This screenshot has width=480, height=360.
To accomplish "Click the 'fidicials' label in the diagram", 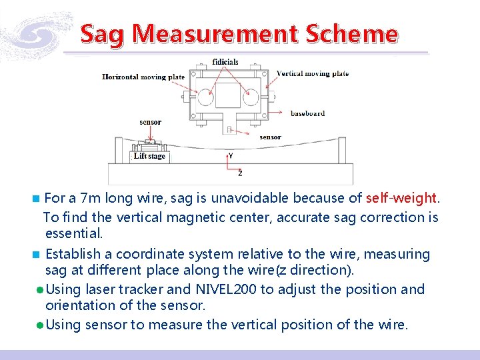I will coord(225,62).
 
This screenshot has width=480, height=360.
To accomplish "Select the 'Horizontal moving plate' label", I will coord(143,77).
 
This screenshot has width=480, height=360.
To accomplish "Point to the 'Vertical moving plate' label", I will coord(312,73).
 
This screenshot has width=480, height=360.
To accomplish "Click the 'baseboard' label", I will coord(307,113).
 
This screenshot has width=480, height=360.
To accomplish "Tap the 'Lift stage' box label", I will coord(149,157).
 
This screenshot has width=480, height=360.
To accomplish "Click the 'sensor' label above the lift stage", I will coord(150,122).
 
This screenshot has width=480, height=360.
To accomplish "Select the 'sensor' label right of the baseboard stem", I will coord(270,137).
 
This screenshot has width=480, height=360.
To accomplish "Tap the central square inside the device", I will coord(228,95).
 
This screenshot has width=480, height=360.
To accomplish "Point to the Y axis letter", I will coord(231,155).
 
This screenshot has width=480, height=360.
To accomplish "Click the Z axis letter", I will coord(240,173).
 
